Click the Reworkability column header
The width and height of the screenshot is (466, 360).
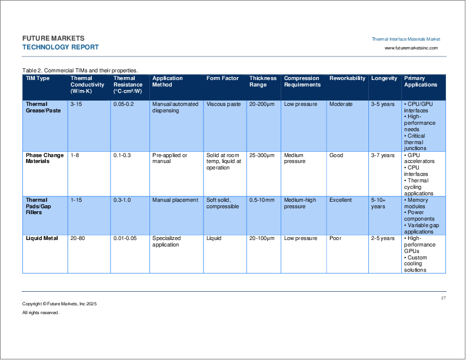pos(347,78)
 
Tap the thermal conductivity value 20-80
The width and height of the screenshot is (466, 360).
pos(78,238)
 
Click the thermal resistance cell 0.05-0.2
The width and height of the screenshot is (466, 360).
pos(124,104)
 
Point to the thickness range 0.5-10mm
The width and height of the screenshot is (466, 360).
pos(262,200)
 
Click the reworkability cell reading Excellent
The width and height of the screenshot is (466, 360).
pos(341,200)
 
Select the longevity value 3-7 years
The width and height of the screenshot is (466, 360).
pos(383,155)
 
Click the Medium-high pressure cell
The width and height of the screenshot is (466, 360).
pos(299,203)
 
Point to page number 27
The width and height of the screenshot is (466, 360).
pos(444,299)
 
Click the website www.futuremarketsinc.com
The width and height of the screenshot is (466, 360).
pos(411,48)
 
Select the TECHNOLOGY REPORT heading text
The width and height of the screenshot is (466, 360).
pos(61,48)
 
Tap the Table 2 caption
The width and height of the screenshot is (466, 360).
pos(80,70)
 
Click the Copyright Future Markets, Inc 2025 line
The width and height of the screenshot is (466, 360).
pos(59,304)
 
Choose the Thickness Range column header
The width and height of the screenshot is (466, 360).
pos(262,81)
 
